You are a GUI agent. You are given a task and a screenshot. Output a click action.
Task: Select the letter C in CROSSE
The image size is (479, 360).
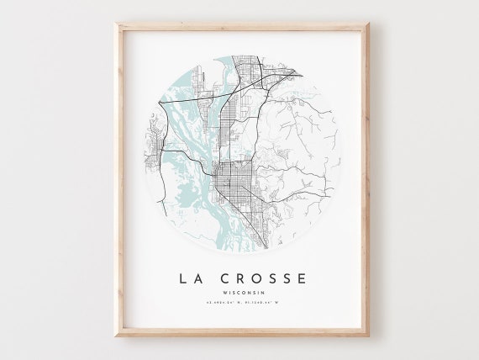tap(220, 277)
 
